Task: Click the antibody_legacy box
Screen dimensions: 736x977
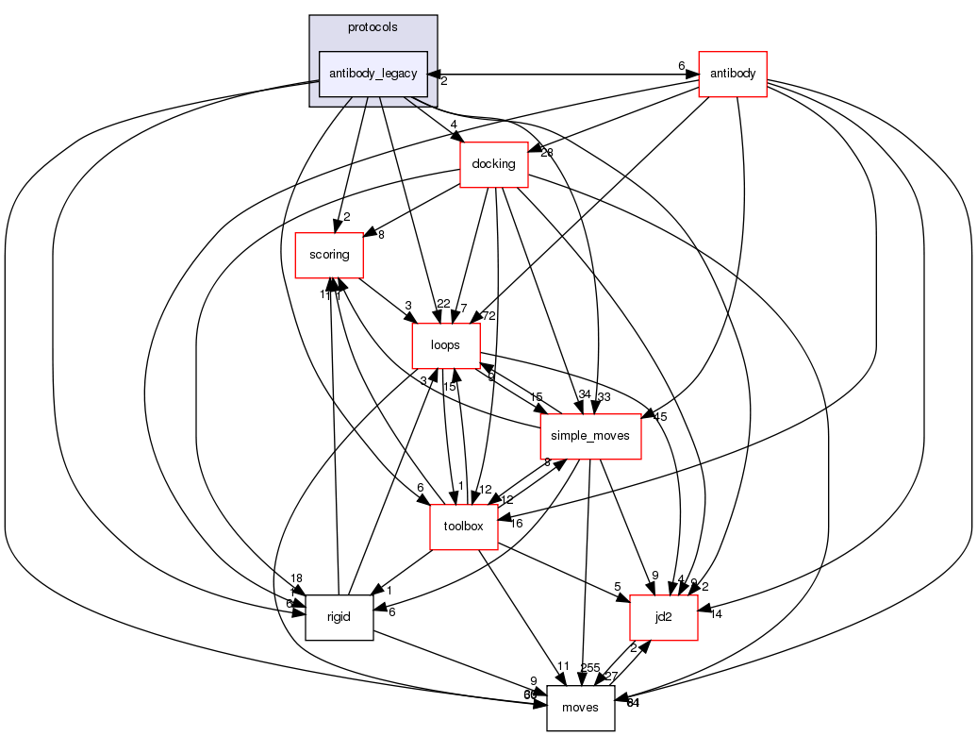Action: tap(373, 74)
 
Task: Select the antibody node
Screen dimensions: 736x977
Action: tap(732, 74)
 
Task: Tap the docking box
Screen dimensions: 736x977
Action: tap(492, 164)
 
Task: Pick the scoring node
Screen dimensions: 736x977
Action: tap(329, 255)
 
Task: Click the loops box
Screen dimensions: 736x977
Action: tap(445, 345)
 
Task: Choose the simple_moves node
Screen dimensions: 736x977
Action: tap(590, 436)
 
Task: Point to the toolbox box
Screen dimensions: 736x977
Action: tap(463, 527)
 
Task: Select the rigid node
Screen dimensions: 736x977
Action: tap(339, 617)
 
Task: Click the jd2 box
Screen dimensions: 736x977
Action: tap(663, 617)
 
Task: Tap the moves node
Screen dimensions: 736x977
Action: tap(580, 708)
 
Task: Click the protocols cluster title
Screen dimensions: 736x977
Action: tap(373, 26)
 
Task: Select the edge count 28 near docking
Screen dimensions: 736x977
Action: tap(546, 153)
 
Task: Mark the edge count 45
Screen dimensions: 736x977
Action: tap(660, 416)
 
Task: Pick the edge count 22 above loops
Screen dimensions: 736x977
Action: tap(443, 303)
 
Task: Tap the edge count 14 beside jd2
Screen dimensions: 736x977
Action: tap(716, 614)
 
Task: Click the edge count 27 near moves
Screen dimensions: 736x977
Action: tap(610, 677)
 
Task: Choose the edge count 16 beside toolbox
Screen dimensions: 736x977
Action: tap(516, 523)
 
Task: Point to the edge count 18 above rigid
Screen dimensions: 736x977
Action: tap(296, 578)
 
